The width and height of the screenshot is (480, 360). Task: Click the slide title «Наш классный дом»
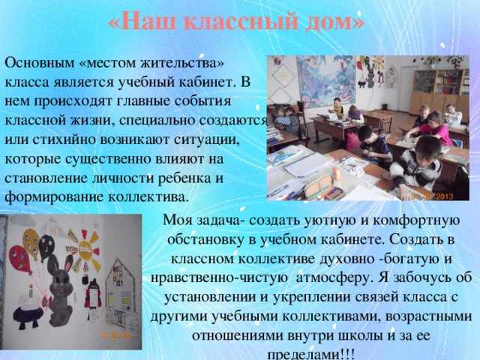[236, 22]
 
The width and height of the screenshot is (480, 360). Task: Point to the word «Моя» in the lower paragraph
[186, 220]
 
